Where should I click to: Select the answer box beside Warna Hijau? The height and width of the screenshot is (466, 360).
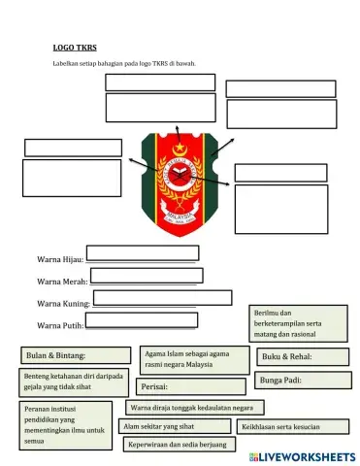[142, 255]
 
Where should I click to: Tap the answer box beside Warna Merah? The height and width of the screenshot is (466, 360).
[145, 277]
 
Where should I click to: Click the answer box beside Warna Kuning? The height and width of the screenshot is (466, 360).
[162, 298]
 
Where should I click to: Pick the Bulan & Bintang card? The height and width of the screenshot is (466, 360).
[76, 355]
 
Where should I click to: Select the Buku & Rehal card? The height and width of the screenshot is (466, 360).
[291, 357]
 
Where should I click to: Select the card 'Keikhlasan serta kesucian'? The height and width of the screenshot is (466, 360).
[292, 426]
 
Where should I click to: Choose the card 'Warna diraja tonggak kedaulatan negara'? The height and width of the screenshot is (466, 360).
[197, 407]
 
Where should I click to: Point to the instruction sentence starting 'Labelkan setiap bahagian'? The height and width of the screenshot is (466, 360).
[124, 64]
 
